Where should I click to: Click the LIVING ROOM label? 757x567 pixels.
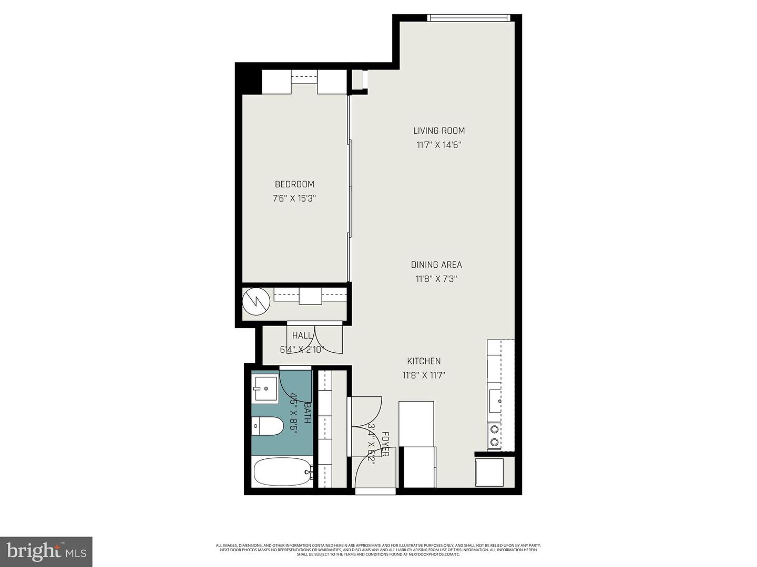[x=438, y=131]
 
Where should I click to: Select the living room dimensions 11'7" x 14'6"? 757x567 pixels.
[x=438, y=145]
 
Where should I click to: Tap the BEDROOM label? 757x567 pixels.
[x=294, y=184]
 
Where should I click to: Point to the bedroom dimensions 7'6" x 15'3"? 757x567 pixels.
[x=294, y=198]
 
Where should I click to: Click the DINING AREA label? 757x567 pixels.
[x=436, y=265]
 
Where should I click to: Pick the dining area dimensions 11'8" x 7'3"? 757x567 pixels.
[x=436, y=279]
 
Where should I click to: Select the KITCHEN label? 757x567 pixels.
[x=424, y=361]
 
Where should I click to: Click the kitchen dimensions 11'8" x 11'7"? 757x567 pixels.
[x=424, y=375]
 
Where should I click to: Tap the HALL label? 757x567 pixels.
[x=302, y=335]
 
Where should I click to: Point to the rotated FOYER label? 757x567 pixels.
[x=385, y=444]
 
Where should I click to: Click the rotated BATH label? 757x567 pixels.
[x=308, y=413]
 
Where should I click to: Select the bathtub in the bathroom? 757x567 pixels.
[x=282, y=472]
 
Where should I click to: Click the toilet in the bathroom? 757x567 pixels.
[x=268, y=426]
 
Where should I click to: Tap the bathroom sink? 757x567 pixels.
[x=265, y=388]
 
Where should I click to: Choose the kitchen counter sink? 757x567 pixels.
[x=495, y=401]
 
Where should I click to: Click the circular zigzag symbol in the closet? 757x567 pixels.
[x=256, y=302]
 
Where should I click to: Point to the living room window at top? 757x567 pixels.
[x=469, y=18]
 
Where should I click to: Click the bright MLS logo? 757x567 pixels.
[x=46, y=551]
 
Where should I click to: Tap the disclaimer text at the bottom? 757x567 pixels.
[x=378, y=550]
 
